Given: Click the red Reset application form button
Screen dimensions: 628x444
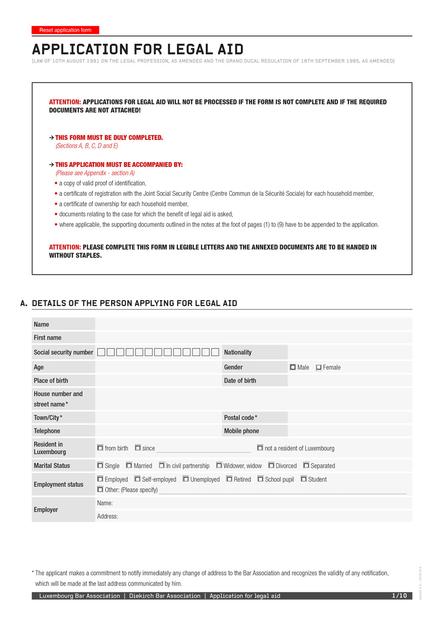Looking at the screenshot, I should click(x=65, y=30).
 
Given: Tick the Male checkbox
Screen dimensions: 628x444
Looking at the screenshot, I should click(x=293, y=367).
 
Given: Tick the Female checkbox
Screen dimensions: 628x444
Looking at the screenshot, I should click(x=319, y=367).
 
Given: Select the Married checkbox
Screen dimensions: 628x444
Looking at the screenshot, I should click(x=129, y=465).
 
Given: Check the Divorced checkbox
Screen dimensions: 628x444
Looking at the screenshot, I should click(x=271, y=465).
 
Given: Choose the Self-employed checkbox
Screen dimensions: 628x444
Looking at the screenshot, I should click(x=138, y=479).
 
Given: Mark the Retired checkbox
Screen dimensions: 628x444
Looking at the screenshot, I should click(x=229, y=479).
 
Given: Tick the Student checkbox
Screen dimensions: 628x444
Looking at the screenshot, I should click(x=304, y=479).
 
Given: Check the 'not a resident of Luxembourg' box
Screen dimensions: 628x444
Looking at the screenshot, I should click(x=260, y=448).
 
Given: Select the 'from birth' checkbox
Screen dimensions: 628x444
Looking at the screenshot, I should click(x=100, y=448).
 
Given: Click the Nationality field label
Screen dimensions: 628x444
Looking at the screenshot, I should click(x=238, y=352).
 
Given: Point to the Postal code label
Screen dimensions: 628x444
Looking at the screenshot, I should click(x=240, y=417).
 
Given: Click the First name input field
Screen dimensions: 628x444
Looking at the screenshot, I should click(x=254, y=337).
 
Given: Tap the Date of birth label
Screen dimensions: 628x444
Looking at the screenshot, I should click(x=240, y=381).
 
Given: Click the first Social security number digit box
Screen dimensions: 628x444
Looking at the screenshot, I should click(x=101, y=352).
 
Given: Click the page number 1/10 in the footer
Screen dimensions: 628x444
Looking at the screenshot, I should click(x=400, y=596).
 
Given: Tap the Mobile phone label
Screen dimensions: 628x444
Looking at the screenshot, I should click(x=241, y=431).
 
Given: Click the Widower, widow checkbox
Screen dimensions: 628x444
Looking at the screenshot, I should click(x=219, y=465).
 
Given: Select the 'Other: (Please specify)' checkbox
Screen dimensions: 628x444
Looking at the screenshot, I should click(x=100, y=489).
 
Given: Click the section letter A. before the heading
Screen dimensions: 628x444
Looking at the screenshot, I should click(x=23, y=303).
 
